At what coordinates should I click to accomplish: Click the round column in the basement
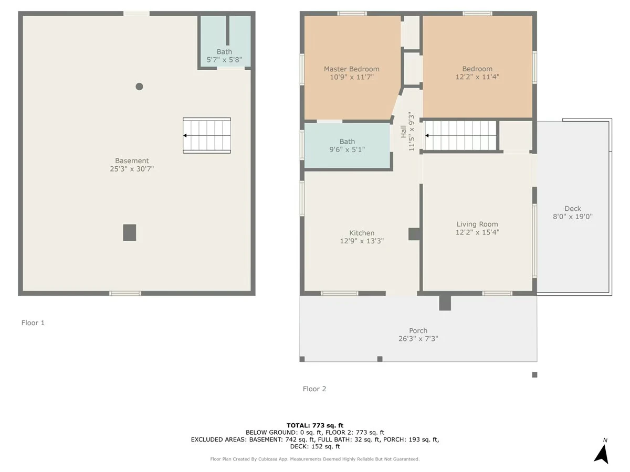click(x=139, y=87)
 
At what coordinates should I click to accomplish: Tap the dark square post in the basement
click(x=130, y=232)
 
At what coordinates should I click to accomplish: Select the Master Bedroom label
click(x=352, y=69)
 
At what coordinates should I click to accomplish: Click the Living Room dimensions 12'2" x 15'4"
click(x=477, y=232)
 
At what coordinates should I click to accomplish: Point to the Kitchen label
click(x=362, y=233)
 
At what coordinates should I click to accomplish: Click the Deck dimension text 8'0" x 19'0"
click(x=573, y=217)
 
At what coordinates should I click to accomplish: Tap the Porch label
click(x=418, y=330)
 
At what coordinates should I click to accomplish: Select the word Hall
click(x=404, y=132)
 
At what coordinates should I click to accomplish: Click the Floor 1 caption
click(x=33, y=323)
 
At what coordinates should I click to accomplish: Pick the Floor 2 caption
click(x=314, y=389)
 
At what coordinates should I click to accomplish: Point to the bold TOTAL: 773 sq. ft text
click(x=315, y=425)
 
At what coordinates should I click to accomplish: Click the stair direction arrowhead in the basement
click(x=185, y=135)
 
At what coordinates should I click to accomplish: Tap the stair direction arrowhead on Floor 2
click(x=427, y=135)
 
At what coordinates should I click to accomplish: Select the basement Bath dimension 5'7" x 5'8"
click(x=224, y=60)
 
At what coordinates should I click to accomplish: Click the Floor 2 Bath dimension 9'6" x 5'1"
click(x=347, y=149)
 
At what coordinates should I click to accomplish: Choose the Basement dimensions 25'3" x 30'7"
click(x=132, y=169)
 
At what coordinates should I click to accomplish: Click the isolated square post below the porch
click(x=534, y=374)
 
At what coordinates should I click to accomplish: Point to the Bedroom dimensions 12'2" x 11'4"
click(x=477, y=77)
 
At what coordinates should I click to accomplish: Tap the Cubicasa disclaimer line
click(x=315, y=459)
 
